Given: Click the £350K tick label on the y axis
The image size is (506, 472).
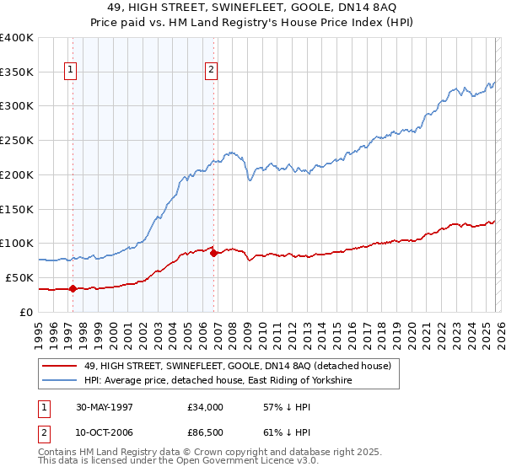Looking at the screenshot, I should (x=17, y=72).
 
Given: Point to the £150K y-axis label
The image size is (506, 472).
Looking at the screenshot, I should (x=17, y=208).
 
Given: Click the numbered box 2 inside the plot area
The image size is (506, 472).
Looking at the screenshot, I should (x=210, y=70).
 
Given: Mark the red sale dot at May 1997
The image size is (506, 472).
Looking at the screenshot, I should (x=73, y=288).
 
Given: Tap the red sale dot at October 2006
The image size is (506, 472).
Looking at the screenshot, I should (x=213, y=252).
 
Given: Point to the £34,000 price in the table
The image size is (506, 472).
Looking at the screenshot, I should (x=206, y=407).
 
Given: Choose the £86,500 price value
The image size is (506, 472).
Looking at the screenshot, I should (x=206, y=434).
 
